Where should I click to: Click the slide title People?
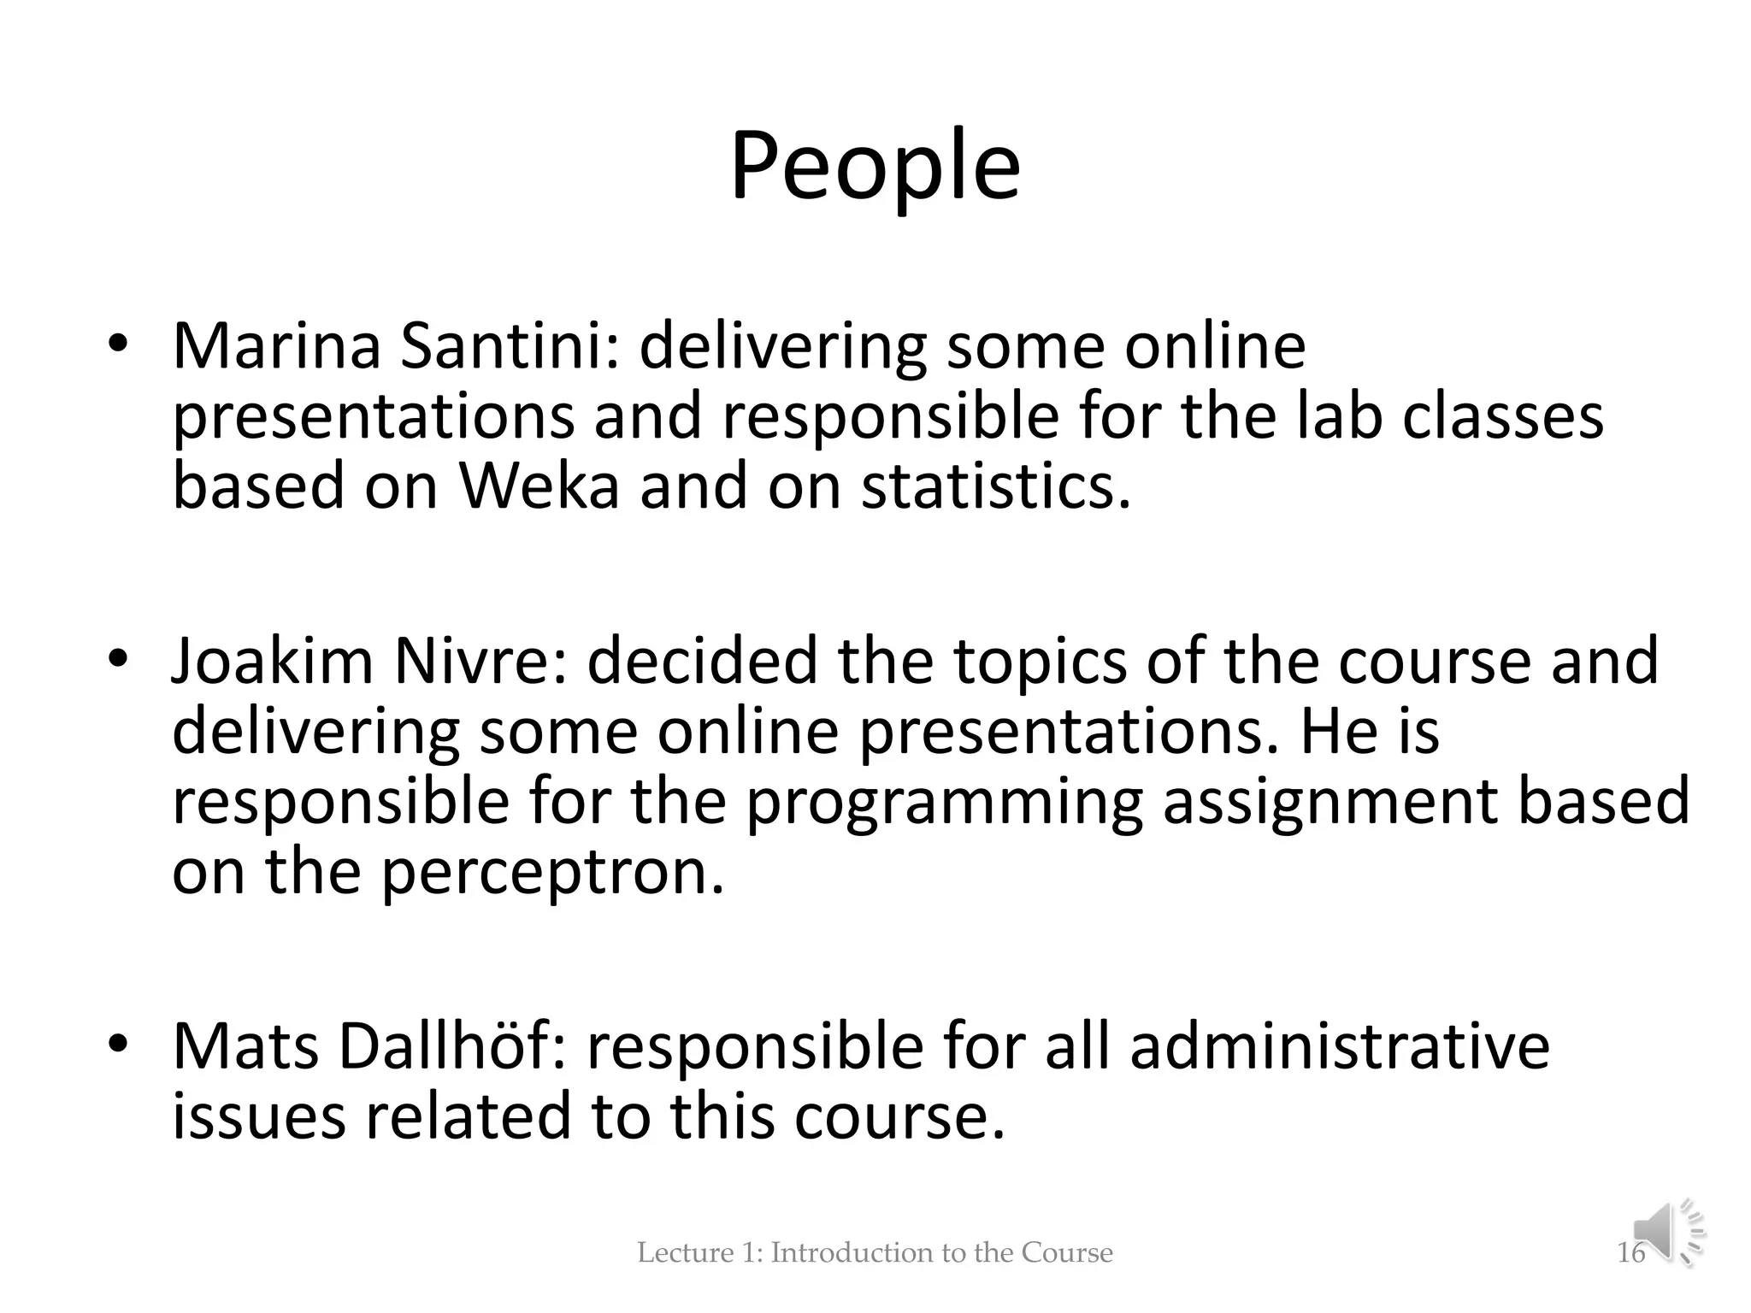[875, 167]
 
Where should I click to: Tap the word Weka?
[539, 486]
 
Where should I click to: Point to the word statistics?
[995, 486]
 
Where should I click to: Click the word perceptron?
[552, 874]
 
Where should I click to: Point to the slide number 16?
[1630, 1253]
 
